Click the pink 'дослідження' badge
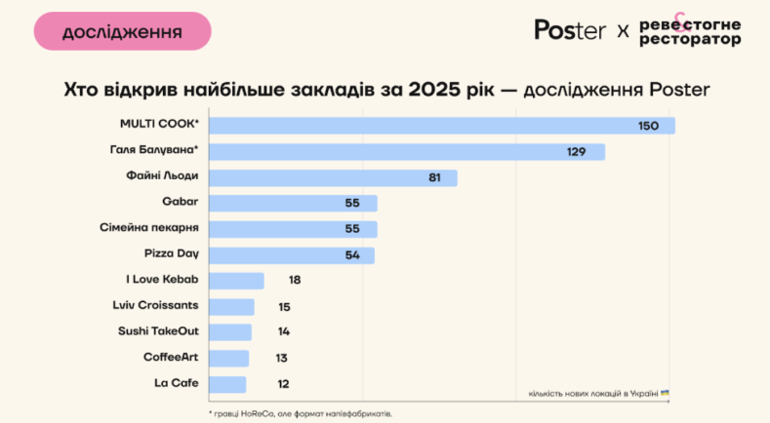(x=122, y=31)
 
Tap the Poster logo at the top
(x=570, y=30)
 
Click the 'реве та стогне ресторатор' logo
(x=690, y=31)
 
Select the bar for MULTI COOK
(x=442, y=126)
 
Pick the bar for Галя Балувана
(x=407, y=152)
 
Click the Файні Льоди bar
(x=333, y=177)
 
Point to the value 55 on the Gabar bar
(x=353, y=204)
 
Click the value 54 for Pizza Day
(x=352, y=255)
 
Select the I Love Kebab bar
(x=237, y=281)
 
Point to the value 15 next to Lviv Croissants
(x=284, y=306)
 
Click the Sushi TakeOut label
(x=158, y=331)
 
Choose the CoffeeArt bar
(x=229, y=358)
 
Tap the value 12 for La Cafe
(x=282, y=383)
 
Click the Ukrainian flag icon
(x=665, y=393)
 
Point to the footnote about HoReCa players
(x=301, y=413)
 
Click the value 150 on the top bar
(x=648, y=127)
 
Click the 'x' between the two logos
(x=623, y=31)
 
